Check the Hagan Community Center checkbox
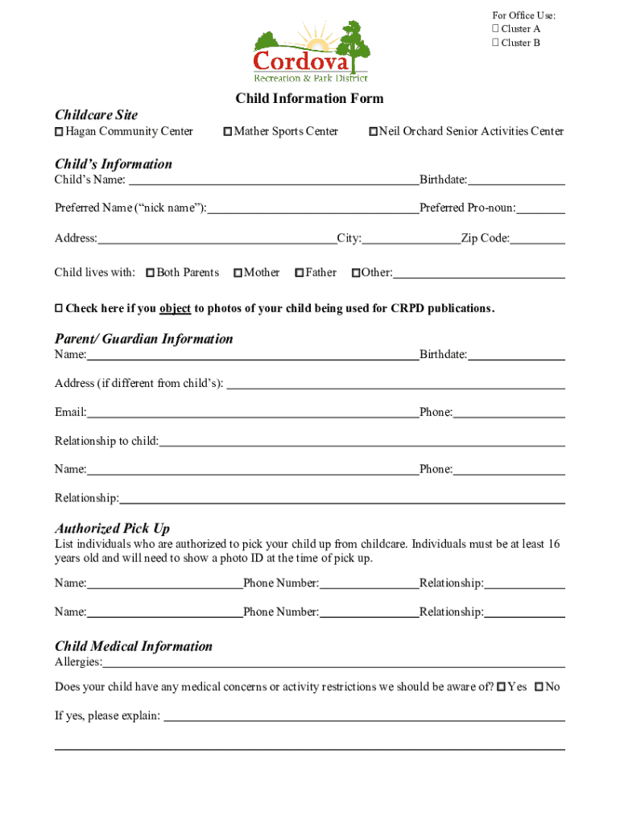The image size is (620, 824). pos(59,132)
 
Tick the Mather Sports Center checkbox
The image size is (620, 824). pos(228,132)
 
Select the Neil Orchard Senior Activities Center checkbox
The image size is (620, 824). pos(373,132)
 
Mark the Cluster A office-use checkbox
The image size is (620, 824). pos(495,29)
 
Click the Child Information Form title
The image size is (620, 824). pos(309,99)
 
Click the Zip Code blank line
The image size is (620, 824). pos(538,241)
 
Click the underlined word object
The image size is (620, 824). pos(175,309)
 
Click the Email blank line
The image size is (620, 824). pos(253,415)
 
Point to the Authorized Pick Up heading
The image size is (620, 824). pos(112,529)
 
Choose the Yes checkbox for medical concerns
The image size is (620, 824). pos(502,687)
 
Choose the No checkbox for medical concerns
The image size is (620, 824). pos(539,687)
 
